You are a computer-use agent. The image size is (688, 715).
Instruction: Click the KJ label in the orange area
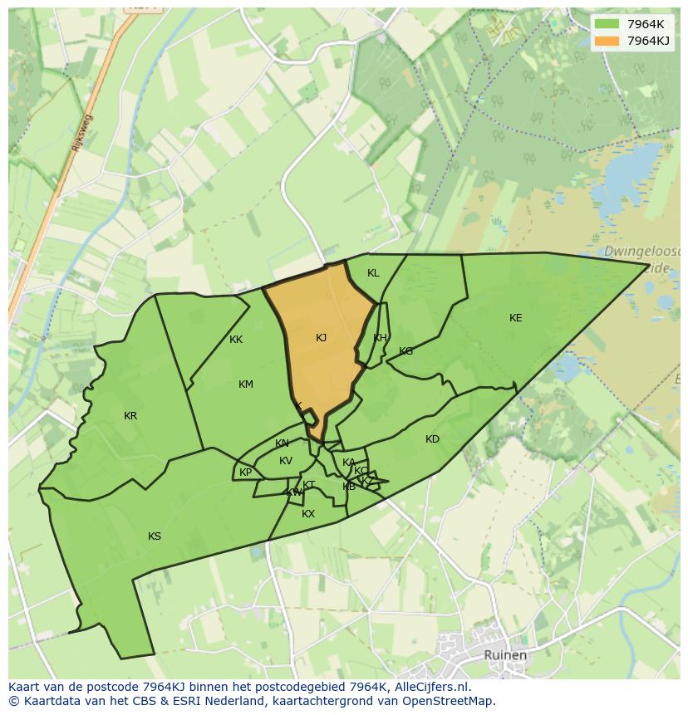[x=322, y=338]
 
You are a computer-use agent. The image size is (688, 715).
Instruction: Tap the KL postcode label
[x=373, y=273]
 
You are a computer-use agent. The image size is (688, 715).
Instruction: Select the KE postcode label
[x=516, y=318]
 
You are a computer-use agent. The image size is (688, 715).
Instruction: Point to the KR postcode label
[x=130, y=416]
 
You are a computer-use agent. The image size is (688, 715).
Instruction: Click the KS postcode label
[x=155, y=536]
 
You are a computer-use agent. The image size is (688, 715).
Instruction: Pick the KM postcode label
[x=246, y=384]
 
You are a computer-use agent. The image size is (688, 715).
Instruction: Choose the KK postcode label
[x=236, y=340]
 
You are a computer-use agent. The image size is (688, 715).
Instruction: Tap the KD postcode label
[x=432, y=439]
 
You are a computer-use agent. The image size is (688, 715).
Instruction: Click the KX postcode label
[x=308, y=514]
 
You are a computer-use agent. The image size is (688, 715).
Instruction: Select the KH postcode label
[x=380, y=338]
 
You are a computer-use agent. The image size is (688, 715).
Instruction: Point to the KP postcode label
[x=245, y=473]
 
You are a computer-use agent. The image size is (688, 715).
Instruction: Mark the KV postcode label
[x=286, y=461]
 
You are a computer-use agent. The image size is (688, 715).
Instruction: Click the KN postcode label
[x=282, y=443]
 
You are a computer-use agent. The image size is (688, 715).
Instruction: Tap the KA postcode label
[x=349, y=463]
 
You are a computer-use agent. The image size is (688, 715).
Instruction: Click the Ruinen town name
[x=505, y=655]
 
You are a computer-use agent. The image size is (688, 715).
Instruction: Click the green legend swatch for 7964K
[x=607, y=24]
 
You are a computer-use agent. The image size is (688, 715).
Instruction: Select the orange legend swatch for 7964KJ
[x=607, y=41]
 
